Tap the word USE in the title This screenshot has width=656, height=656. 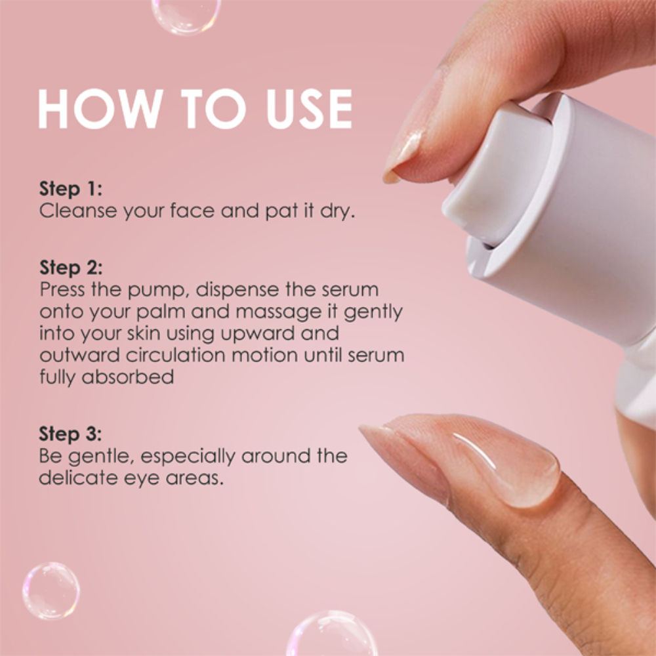(x=309, y=108)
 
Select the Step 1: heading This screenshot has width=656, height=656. (x=71, y=189)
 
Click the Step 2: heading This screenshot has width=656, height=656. (x=71, y=268)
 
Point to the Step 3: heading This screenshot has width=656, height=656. (x=70, y=434)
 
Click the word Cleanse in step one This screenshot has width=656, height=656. (x=78, y=211)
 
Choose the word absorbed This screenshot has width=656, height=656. (x=128, y=377)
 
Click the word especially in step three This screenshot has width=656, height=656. (x=188, y=457)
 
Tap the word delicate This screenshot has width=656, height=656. (x=78, y=478)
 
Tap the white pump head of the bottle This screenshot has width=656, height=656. (x=498, y=176)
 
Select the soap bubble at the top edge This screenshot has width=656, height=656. (x=186, y=15)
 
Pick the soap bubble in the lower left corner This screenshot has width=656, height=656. (x=51, y=591)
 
